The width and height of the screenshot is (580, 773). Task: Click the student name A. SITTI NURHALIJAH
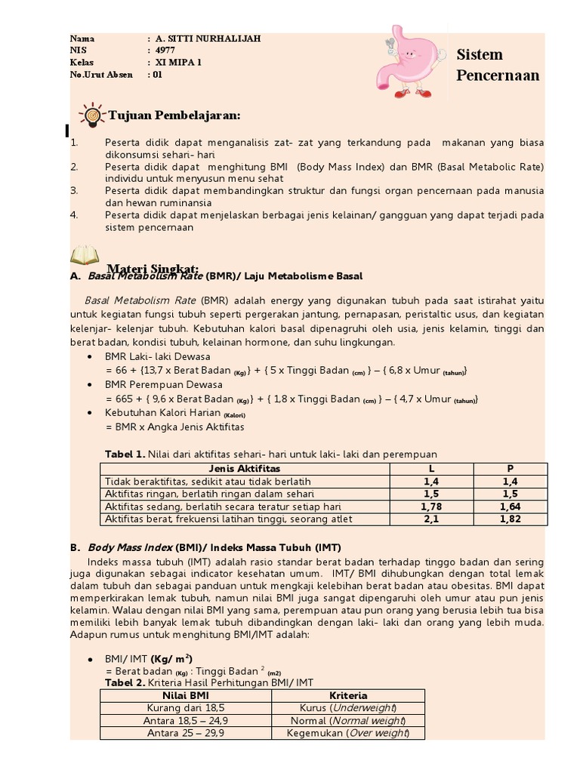207,38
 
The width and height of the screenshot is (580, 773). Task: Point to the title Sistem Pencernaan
498,65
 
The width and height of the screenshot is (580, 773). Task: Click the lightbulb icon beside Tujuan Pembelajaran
91,115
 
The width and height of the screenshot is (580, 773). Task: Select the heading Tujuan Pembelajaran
174,115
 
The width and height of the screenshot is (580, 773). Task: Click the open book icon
84,256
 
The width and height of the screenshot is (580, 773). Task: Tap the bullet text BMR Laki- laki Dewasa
158,356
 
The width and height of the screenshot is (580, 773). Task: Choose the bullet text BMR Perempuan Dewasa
164,384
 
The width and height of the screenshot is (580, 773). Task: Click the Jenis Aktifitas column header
244,469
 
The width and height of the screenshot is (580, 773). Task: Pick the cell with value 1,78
431,507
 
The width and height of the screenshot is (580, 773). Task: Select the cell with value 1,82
510,519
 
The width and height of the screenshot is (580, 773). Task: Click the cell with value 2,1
431,519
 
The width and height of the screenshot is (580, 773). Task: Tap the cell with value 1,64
510,507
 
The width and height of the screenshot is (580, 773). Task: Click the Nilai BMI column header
186,695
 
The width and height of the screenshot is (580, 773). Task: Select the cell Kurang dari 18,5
186,708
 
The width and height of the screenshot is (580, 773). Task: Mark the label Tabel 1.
124,454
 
